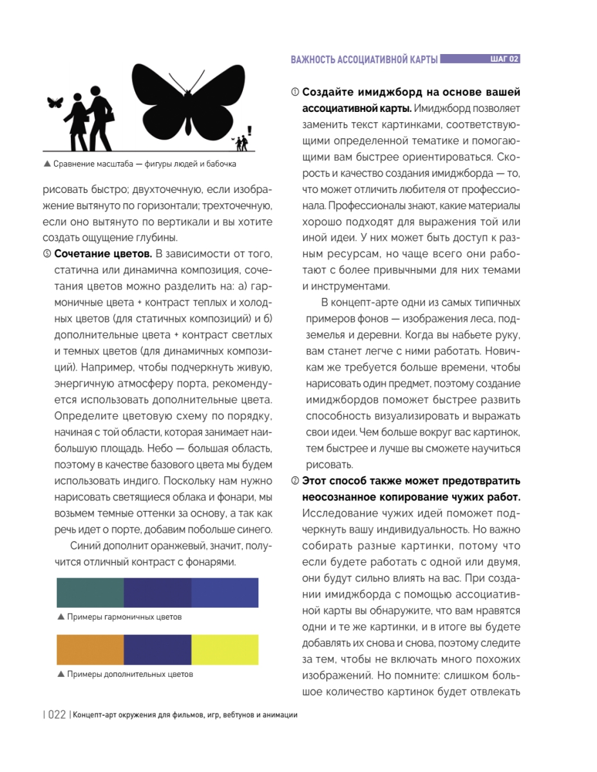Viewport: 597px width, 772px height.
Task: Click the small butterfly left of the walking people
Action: [x=55, y=102]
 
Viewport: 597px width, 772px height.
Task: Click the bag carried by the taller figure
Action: [x=109, y=116]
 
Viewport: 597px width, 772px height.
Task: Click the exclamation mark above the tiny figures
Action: [x=249, y=130]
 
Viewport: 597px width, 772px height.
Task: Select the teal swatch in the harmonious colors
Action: [x=90, y=593]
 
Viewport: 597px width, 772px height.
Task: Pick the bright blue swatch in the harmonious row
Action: [x=225, y=593]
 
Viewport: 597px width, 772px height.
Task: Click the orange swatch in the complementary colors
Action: [x=90, y=650]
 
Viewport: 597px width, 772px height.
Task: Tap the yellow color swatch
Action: [x=225, y=650]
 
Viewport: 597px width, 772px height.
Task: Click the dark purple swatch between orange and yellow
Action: [x=157, y=650]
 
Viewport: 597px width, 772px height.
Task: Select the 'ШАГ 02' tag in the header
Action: [x=500, y=59]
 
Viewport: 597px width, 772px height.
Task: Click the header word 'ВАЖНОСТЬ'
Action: [x=313, y=60]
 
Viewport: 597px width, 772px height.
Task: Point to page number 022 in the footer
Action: [x=57, y=715]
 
